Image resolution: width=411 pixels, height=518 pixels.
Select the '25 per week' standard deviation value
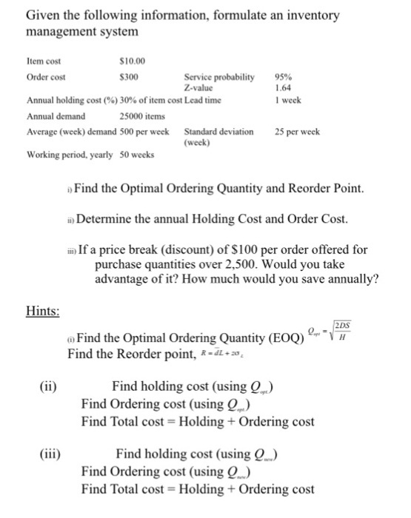pos(296,132)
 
